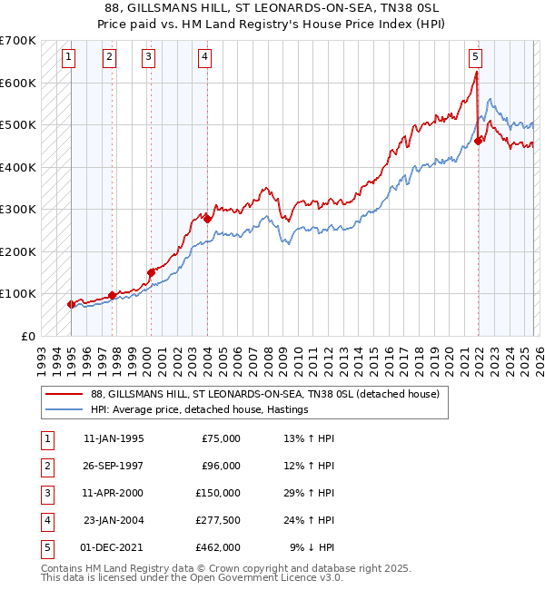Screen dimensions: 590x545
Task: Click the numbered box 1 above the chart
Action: (x=70, y=57)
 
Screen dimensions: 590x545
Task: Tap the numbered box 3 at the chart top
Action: (x=148, y=57)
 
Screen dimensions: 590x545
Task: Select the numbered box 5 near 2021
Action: (x=476, y=57)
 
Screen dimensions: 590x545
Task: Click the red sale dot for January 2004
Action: (x=207, y=219)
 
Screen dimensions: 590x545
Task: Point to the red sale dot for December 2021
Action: (x=478, y=141)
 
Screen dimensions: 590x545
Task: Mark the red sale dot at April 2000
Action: (x=151, y=272)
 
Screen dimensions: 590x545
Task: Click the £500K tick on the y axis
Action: (x=18, y=125)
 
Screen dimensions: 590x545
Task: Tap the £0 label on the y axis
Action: (x=27, y=336)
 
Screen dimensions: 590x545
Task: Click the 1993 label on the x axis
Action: (x=41, y=354)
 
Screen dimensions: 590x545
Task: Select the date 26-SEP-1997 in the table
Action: (x=114, y=466)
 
